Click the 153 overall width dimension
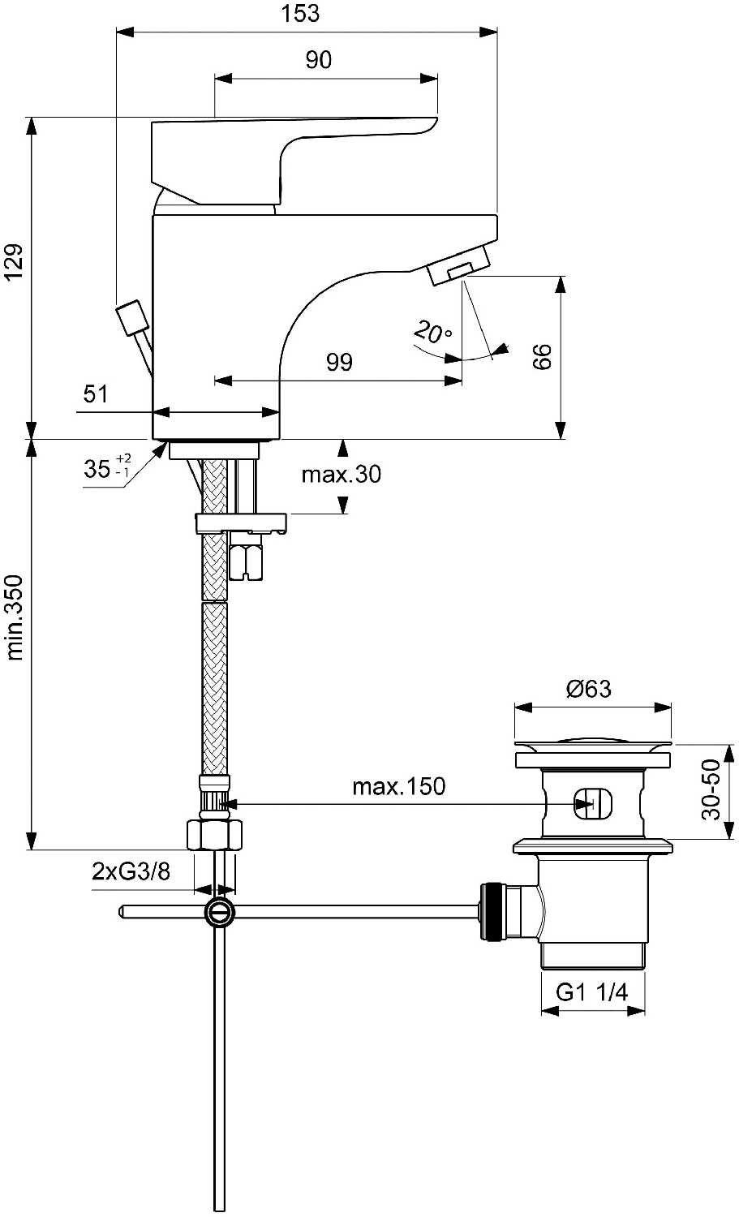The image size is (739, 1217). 302,14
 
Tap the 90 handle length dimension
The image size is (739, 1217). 318,60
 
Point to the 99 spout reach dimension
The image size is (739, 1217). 339,361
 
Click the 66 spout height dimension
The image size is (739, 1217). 542,356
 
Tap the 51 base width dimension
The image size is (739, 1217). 96,394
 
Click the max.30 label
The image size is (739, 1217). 341,474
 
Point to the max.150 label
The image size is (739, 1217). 398,785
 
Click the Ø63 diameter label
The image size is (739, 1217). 588,689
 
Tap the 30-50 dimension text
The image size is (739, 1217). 711,789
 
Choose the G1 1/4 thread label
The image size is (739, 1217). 591,991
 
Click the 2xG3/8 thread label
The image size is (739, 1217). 131,872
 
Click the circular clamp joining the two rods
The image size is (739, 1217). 219,912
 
